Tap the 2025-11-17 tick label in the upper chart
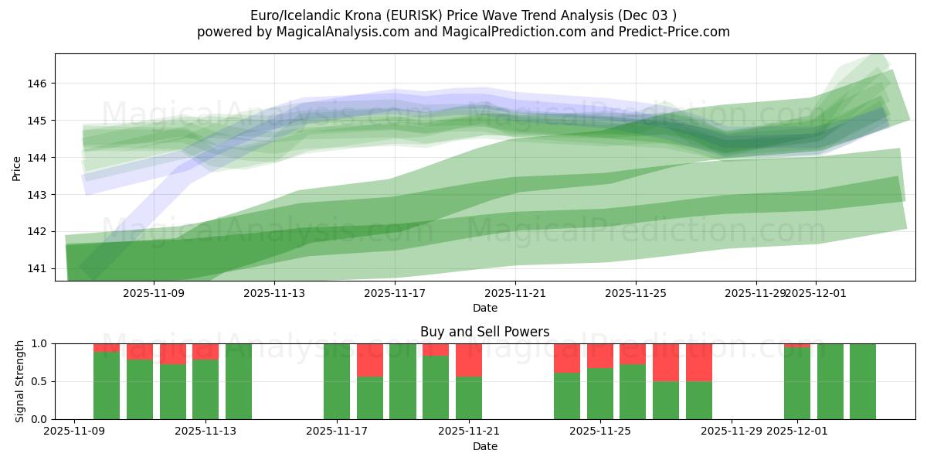click(x=395, y=294)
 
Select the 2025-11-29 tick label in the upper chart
click(x=756, y=294)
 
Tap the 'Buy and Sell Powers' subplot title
click(x=484, y=332)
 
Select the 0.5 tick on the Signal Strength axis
click(x=39, y=381)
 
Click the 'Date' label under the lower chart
click(x=484, y=446)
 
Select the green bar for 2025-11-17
click(x=337, y=381)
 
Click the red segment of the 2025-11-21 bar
click(x=469, y=360)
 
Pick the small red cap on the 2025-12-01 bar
click(x=797, y=346)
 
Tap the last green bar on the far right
click(x=863, y=381)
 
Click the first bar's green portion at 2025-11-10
click(x=107, y=385)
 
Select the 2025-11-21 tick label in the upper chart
click(x=515, y=294)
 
